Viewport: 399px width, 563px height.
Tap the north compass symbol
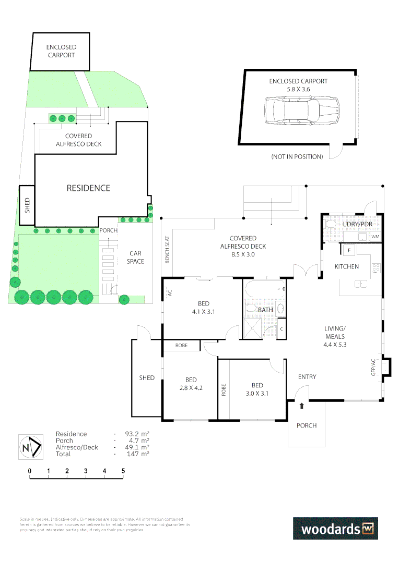click(x=30, y=447)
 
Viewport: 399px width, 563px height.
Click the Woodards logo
click(x=335, y=529)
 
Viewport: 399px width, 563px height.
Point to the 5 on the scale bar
click(x=123, y=471)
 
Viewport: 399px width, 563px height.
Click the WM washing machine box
click(x=375, y=237)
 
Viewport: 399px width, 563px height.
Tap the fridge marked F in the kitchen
click(x=348, y=250)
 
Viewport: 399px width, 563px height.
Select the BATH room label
click(x=265, y=310)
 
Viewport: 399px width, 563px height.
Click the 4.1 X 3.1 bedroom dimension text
click(x=203, y=312)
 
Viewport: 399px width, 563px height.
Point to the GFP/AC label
click(x=373, y=367)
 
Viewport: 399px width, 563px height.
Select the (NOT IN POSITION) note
click(x=297, y=157)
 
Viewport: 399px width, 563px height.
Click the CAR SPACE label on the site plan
click(x=135, y=258)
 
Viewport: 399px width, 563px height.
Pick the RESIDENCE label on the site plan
click(x=88, y=188)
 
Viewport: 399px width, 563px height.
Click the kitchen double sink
click(x=361, y=284)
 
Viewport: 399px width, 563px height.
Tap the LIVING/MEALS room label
click(x=335, y=333)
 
